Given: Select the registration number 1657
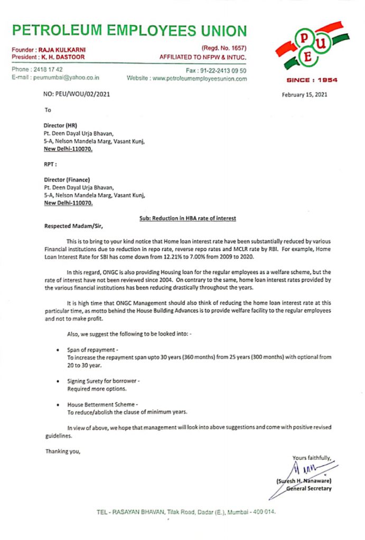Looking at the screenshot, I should [237, 49].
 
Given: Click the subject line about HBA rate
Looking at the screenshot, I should [184, 218].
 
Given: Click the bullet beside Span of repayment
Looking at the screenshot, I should [58, 350].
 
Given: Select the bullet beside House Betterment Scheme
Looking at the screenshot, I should [58, 404].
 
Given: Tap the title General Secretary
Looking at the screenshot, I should [309, 489].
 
